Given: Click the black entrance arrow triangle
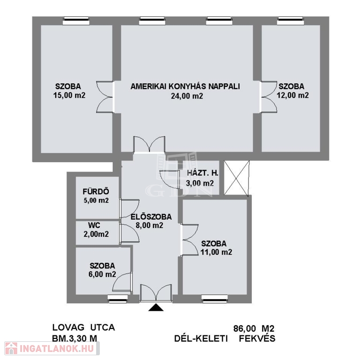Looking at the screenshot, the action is (x=156, y=307).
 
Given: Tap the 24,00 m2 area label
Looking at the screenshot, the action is (x=187, y=96).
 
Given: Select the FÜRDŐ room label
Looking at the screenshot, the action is (x=96, y=192).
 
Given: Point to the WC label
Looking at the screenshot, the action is (x=94, y=225).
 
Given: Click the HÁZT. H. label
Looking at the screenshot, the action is (x=203, y=173).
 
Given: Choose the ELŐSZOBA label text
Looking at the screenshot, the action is (x=151, y=217).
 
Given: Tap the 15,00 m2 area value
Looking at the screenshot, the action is (x=69, y=95).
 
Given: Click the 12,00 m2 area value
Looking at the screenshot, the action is (x=293, y=95).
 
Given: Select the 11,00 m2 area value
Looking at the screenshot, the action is (x=216, y=252).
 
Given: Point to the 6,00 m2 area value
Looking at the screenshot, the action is (x=102, y=274).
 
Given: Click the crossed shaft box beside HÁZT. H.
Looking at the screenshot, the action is (x=237, y=178).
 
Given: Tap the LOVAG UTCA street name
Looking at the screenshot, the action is (x=83, y=328).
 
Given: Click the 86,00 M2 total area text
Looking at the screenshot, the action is (x=254, y=329).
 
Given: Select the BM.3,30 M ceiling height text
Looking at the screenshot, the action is (x=75, y=338).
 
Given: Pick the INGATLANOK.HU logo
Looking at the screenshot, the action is (x=52, y=348).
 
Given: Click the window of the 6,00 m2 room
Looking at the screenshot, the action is (x=118, y=299).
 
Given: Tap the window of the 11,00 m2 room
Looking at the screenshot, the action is (x=215, y=299).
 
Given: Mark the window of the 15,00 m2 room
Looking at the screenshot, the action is (x=76, y=21).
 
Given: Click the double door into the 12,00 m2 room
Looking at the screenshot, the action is (x=268, y=97).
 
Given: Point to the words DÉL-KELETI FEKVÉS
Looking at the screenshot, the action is (x=225, y=338).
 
